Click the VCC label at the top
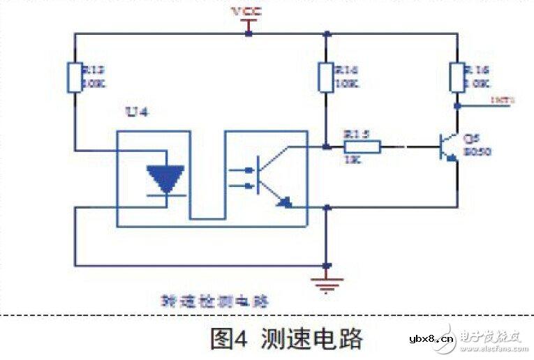point(247,12)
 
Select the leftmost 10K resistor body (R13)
point(75,77)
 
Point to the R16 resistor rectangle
point(458,77)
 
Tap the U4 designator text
point(134,112)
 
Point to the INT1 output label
point(503,100)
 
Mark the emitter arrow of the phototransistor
point(283,202)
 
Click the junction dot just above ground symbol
point(327,265)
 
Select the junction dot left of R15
point(326,147)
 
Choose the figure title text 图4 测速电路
point(286,338)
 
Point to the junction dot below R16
point(458,107)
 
